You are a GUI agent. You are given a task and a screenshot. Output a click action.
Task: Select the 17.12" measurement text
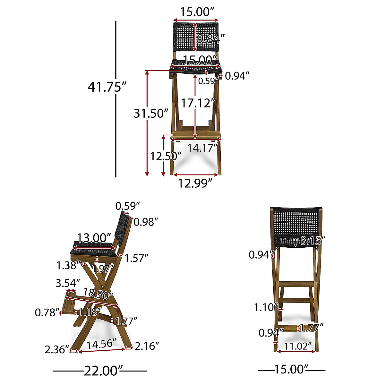(197, 103)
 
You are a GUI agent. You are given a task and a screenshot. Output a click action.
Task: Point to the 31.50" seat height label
(151, 114)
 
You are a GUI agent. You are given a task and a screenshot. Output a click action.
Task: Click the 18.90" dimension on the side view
(98, 293)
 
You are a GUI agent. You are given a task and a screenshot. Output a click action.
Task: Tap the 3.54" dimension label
(68, 283)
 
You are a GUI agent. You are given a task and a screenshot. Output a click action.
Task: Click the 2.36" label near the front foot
(57, 349)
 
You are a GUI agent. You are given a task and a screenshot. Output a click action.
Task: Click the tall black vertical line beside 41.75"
(116, 99)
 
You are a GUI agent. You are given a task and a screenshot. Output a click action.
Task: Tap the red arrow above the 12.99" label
(195, 175)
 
